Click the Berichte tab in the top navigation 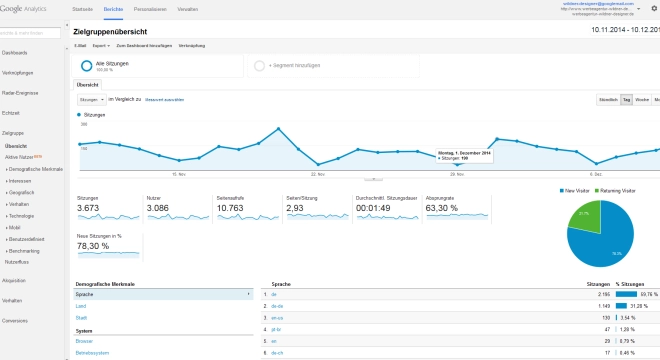(113, 7)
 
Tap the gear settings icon (653, 7)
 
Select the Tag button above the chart (626, 100)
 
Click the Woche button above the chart (642, 100)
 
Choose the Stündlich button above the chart (607, 100)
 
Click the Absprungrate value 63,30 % (440, 207)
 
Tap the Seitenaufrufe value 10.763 (232, 207)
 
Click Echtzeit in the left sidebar (12, 112)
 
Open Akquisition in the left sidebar (14, 281)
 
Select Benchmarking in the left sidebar (24, 251)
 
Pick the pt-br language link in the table (273, 328)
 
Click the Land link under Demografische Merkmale (80, 306)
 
